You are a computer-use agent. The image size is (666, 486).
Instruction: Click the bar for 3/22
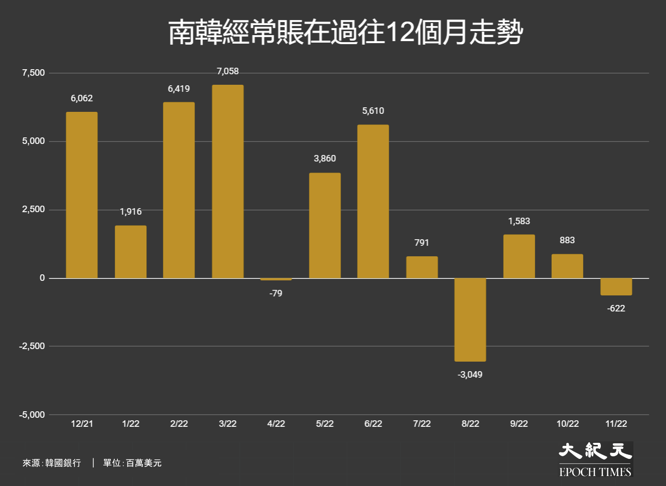click(228, 182)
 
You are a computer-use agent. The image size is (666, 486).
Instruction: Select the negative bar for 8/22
click(470, 320)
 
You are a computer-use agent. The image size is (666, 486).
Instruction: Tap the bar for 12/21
click(82, 195)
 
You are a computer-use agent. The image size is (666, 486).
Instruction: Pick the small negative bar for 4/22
click(276, 279)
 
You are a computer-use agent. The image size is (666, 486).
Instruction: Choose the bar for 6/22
click(373, 201)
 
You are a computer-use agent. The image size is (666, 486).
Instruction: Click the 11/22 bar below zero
click(616, 287)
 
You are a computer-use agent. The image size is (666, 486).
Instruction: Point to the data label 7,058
click(228, 71)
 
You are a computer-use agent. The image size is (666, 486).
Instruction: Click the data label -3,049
click(470, 375)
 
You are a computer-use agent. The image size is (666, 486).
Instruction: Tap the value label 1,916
click(130, 212)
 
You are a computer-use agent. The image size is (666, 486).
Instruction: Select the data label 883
click(567, 240)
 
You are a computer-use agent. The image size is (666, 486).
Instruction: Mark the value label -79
click(276, 293)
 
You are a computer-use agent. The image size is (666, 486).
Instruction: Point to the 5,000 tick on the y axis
click(33, 141)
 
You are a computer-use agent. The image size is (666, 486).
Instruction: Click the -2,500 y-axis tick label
click(32, 346)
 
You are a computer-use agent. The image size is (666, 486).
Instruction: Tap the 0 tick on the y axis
click(42, 278)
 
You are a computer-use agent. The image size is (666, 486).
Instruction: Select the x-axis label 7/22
click(422, 423)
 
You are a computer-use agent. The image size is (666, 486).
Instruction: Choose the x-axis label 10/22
click(568, 423)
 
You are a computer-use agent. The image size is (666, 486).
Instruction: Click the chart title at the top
click(346, 32)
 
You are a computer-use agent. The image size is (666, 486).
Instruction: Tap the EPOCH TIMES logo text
click(595, 472)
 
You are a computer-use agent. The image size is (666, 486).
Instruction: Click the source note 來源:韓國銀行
click(52, 463)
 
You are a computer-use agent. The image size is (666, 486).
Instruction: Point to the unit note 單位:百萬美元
click(132, 463)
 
